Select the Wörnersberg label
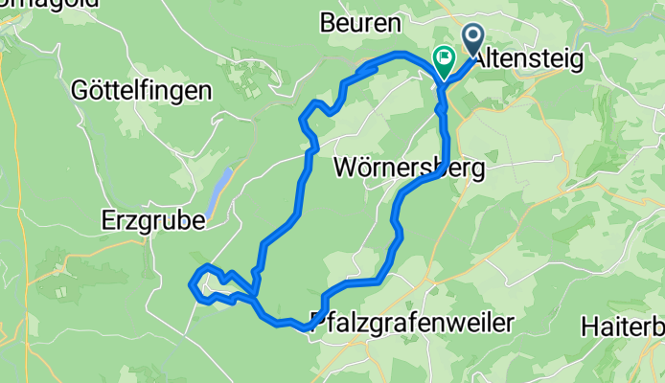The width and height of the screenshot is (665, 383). click(408, 168)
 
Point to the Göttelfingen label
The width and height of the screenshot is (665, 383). click(142, 91)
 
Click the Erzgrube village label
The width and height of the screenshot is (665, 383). click(153, 220)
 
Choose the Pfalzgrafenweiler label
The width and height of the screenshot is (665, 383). click(412, 322)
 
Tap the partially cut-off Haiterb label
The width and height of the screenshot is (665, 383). click(623, 327)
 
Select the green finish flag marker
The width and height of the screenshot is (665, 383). click(445, 60)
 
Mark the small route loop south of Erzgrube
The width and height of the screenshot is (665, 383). click(216, 285)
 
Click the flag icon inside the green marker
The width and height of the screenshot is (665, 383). click(445, 56)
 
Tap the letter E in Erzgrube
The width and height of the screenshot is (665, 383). click(109, 220)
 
